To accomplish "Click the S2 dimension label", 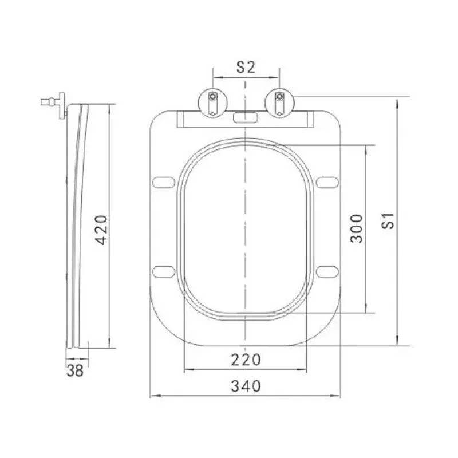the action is pyautogui.click(x=246, y=67).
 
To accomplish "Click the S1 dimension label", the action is pyautogui.click(x=389, y=221).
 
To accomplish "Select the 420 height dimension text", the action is pyautogui.click(x=102, y=230).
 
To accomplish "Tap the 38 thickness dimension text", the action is pyautogui.click(x=75, y=370).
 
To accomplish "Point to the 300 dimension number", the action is pyautogui.click(x=356, y=228).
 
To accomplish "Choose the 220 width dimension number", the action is pyautogui.click(x=246, y=360).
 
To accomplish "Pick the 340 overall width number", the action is pyautogui.click(x=246, y=386).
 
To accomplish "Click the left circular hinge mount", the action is pyautogui.click(x=212, y=103).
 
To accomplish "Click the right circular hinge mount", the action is pyautogui.click(x=279, y=103).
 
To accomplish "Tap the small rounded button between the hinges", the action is pyautogui.click(x=246, y=117).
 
